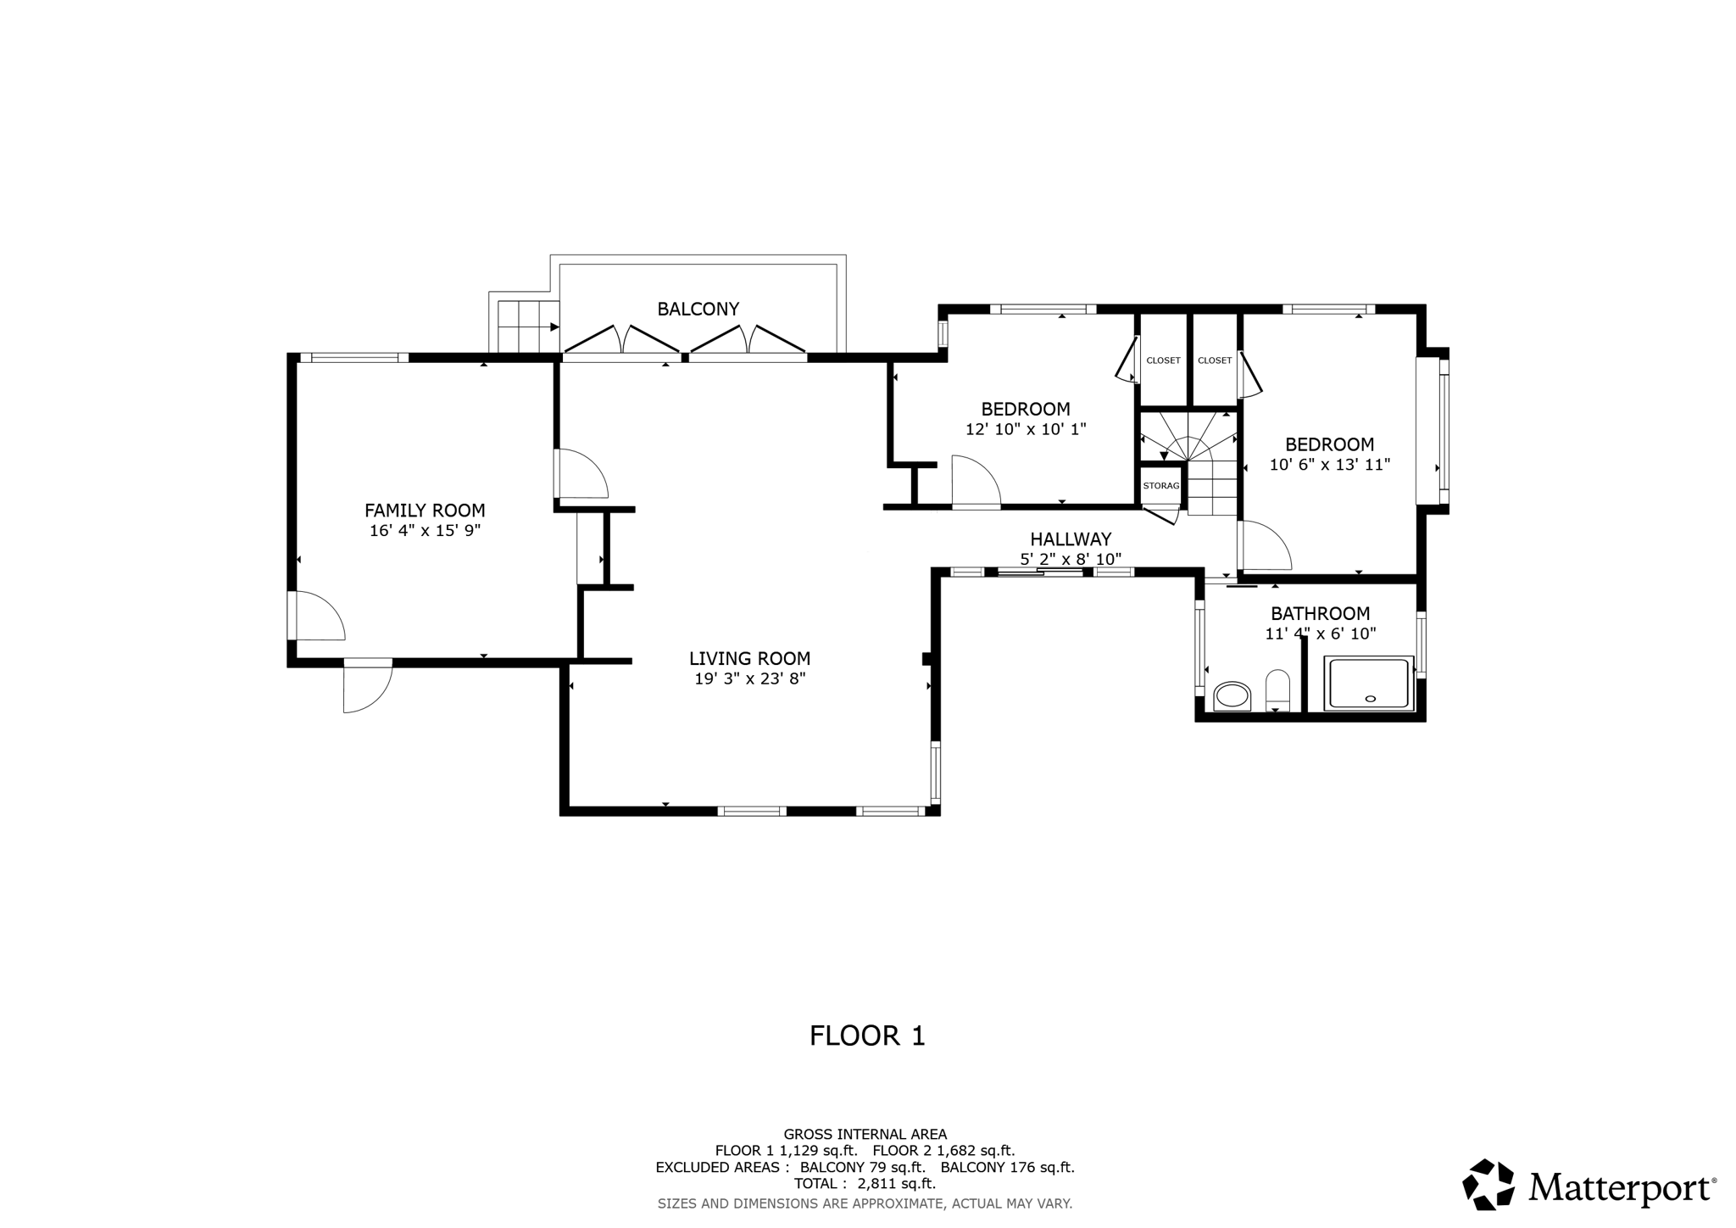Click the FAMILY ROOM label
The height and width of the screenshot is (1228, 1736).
click(x=425, y=511)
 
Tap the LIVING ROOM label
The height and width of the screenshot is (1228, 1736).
click(x=749, y=658)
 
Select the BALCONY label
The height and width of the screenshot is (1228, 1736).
click(x=698, y=309)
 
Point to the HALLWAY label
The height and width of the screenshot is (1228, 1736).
click(x=1071, y=539)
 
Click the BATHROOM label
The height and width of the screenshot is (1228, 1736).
click(x=1320, y=613)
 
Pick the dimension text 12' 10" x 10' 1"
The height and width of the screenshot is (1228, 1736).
click(x=1026, y=430)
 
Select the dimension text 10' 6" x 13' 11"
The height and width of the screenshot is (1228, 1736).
click(x=1330, y=465)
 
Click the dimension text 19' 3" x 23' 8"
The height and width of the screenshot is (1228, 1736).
click(x=749, y=678)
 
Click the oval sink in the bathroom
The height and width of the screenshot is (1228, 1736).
click(x=1232, y=697)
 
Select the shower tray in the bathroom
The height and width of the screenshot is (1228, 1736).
click(x=1369, y=683)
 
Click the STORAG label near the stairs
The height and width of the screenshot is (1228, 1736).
click(x=1160, y=486)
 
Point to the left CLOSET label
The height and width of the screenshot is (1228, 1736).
click(x=1163, y=360)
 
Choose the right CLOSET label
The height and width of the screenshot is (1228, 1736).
click(x=1215, y=360)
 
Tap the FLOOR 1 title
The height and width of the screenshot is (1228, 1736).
click(x=867, y=1035)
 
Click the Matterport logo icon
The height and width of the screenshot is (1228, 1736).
click(x=1488, y=1184)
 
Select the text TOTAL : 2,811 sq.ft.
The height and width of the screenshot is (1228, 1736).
click(x=865, y=1183)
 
